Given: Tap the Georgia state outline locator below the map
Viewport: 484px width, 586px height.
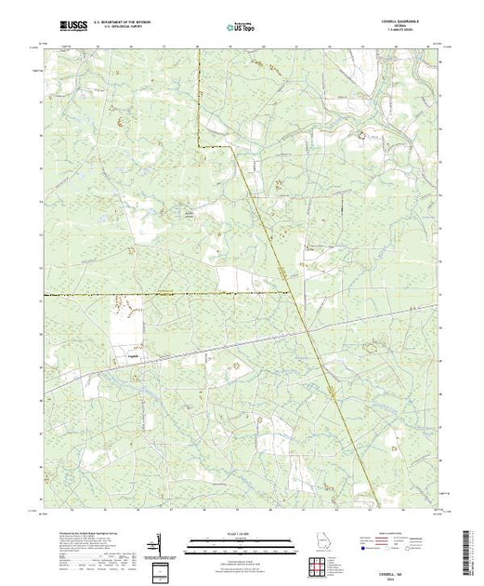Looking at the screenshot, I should point(317,539).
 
